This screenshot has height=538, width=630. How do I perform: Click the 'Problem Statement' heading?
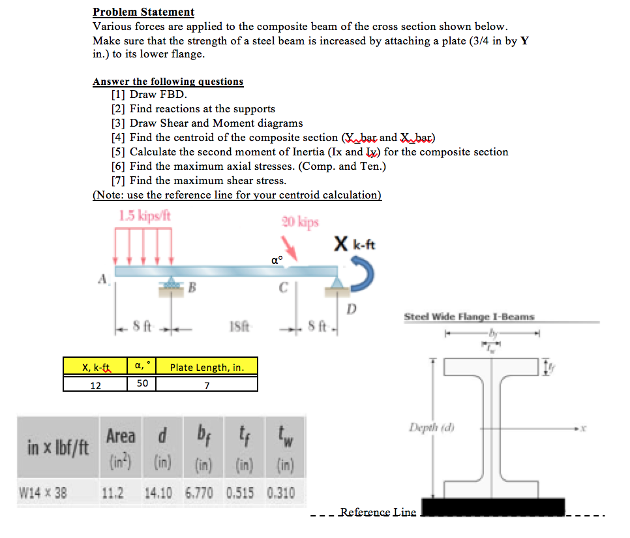coord(143,12)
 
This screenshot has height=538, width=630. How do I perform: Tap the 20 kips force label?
coord(300,222)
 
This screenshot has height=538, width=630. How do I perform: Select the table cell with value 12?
coord(95,385)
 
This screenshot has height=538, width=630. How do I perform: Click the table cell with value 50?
coord(142,383)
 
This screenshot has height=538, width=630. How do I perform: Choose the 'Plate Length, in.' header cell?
coord(207,367)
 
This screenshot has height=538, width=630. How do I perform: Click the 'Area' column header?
coord(121,435)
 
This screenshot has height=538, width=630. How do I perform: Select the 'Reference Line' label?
coord(378,512)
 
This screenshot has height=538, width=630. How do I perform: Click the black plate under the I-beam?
coord(493,507)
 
